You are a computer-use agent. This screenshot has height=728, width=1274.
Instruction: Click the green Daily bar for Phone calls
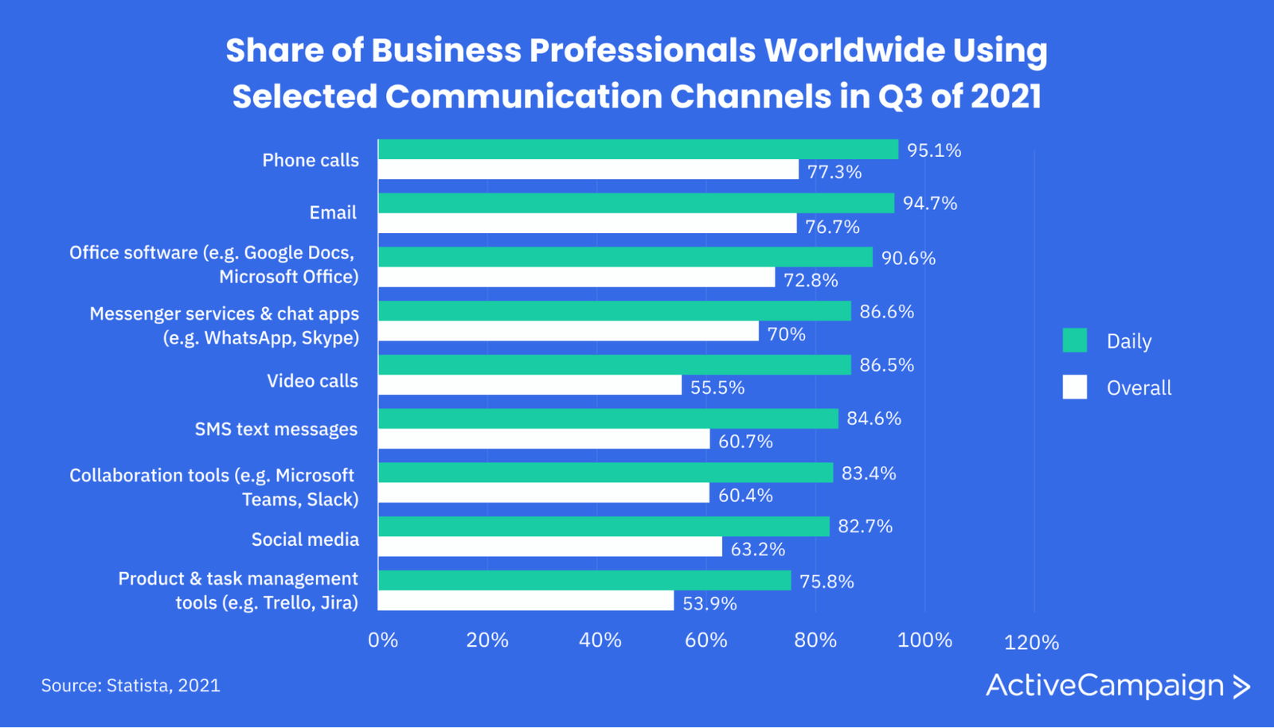tap(637, 150)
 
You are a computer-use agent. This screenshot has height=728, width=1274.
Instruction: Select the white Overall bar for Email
tap(587, 224)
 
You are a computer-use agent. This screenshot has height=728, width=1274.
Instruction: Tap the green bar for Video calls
tap(614, 365)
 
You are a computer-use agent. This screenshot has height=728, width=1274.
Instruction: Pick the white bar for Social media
tap(549, 547)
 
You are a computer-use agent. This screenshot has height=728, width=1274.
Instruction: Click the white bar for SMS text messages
tap(543, 439)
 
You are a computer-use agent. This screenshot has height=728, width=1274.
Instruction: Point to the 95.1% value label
tap(934, 150)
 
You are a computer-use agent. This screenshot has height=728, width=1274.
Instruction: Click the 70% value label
tap(786, 334)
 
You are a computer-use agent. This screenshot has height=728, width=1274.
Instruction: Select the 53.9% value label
tap(709, 604)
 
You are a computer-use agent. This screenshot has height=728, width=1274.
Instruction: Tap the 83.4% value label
tap(869, 473)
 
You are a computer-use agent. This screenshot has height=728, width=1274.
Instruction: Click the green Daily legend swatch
tap(1074, 341)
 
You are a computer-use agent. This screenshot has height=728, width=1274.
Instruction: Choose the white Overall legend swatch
tap(1074, 387)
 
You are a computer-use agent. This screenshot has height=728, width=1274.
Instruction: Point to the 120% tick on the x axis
tap(1031, 643)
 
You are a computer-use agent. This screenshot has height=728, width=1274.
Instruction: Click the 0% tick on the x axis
tap(383, 640)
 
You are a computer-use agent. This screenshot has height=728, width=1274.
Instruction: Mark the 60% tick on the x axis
tap(706, 640)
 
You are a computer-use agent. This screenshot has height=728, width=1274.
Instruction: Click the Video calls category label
tap(312, 381)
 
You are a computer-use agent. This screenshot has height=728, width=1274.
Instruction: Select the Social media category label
tap(305, 539)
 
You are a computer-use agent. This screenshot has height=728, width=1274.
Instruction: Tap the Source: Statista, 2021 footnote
tap(131, 686)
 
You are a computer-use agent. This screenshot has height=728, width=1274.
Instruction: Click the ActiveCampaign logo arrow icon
tap(1241, 687)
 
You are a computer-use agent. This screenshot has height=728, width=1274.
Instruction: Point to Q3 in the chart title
tap(900, 96)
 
